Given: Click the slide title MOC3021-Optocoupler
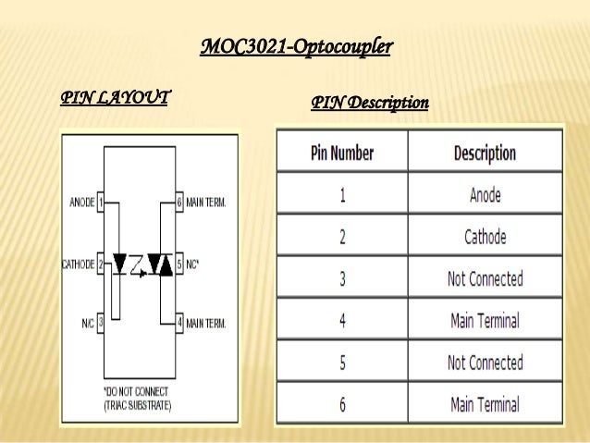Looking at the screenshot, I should (296, 45).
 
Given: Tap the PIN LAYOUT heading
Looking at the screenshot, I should (114, 97).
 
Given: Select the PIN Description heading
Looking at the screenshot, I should (370, 103).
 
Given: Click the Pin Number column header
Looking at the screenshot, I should (342, 153).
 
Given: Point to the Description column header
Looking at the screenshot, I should (485, 153).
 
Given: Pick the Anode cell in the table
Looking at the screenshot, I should (485, 195).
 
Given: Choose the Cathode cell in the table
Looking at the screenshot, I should (485, 237).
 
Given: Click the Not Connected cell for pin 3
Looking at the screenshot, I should (485, 278).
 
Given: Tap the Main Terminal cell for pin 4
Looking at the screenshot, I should (485, 321).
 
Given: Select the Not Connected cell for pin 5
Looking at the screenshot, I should (485, 363).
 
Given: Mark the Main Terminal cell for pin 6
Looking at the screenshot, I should (485, 404).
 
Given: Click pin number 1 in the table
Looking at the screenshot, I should (342, 195).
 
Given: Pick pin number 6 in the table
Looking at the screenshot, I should (342, 404).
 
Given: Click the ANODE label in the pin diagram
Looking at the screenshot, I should (82, 202).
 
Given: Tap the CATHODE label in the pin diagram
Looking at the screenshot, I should (79, 264).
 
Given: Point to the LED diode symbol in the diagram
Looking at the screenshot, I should (119, 265).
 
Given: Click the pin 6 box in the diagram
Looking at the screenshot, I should (179, 202).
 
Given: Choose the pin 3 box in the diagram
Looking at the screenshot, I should (100, 324).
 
